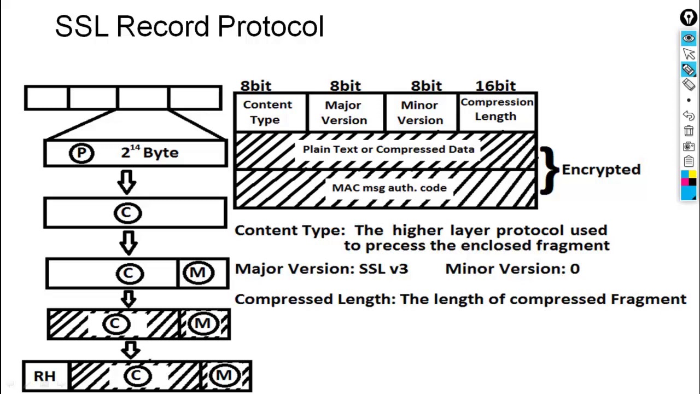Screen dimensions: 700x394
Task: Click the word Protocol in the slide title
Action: click(x=271, y=26)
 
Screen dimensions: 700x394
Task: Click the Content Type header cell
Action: click(x=271, y=112)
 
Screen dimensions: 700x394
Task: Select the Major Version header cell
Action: click(x=345, y=112)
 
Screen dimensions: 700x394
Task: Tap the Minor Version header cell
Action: click(x=421, y=112)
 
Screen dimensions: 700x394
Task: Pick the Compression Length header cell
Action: click(x=497, y=112)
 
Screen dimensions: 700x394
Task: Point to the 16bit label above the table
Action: click(x=495, y=86)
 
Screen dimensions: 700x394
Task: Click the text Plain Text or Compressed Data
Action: click(x=388, y=149)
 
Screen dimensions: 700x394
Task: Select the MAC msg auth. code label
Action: click(x=389, y=188)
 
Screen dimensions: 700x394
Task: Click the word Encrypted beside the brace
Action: click(x=601, y=170)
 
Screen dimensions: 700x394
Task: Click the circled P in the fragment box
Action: click(x=81, y=153)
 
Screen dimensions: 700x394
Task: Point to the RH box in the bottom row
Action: click(x=45, y=376)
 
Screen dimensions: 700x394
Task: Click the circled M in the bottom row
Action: click(x=224, y=375)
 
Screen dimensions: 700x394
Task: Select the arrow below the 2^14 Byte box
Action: click(x=127, y=182)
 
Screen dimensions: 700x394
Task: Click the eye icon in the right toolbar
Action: click(x=689, y=38)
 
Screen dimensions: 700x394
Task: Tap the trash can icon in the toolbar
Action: click(x=689, y=131)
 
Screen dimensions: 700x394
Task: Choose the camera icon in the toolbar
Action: click(x=689, y=146)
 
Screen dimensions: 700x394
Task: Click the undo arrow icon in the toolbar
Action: click(x=689, y=115)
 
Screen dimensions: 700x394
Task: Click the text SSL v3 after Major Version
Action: click(x=384, y=269)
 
